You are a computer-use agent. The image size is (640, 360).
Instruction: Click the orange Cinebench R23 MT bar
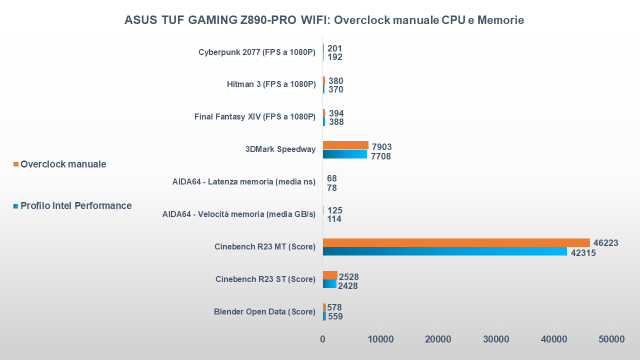coord(456,242)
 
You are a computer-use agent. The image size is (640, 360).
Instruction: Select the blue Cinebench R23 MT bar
coord(444,251)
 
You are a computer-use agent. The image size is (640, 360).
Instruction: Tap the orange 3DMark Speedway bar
coord(345,145)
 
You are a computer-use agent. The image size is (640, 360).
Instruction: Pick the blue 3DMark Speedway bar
coord(344,154)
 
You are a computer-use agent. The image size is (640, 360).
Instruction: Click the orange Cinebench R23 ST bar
coord(330,275)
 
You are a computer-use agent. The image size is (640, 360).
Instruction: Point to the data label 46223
coord(605,243)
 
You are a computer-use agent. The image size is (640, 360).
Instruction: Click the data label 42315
coord(583,253)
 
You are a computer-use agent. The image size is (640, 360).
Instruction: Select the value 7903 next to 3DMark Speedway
coord(381,146)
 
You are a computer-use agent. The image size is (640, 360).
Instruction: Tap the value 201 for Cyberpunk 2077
coord(334,48)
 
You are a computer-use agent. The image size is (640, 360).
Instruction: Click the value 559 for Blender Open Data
coord(334,316)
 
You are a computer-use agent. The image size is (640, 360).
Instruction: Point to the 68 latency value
coord(331,178)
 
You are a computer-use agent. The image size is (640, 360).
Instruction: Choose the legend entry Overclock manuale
coord(63,164)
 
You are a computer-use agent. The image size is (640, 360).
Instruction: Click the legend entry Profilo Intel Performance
coord(76,205)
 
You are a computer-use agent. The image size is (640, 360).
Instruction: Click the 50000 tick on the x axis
coord(611,339)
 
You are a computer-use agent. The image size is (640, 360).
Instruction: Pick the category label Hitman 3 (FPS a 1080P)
coord(271,84)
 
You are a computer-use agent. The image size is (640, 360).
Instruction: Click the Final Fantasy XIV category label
coord(255,117)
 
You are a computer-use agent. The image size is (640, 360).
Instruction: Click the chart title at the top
coord(324,20)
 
